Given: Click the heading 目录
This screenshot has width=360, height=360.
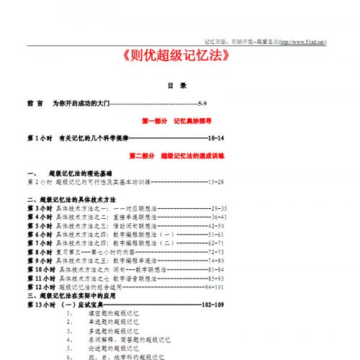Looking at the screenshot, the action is pos(177,86).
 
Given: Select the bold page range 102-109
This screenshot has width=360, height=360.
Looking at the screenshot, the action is pos(214,305).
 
